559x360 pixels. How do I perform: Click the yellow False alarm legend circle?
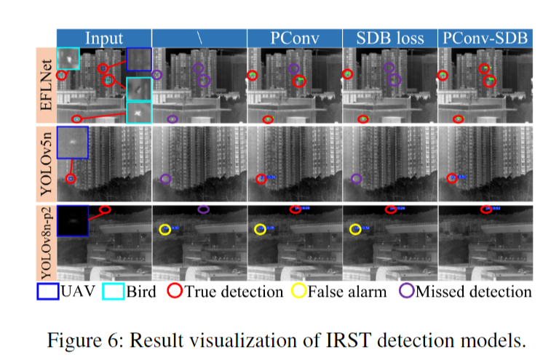(x=299, y=292)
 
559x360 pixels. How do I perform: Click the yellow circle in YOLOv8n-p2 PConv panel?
(x=260, y=229)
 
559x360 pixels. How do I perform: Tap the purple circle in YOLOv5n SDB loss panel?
(x=356, y=178)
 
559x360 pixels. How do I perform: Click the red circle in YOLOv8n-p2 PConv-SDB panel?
(x=485, y=209)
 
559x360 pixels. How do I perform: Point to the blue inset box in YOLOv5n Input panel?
(x=72, y=143)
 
